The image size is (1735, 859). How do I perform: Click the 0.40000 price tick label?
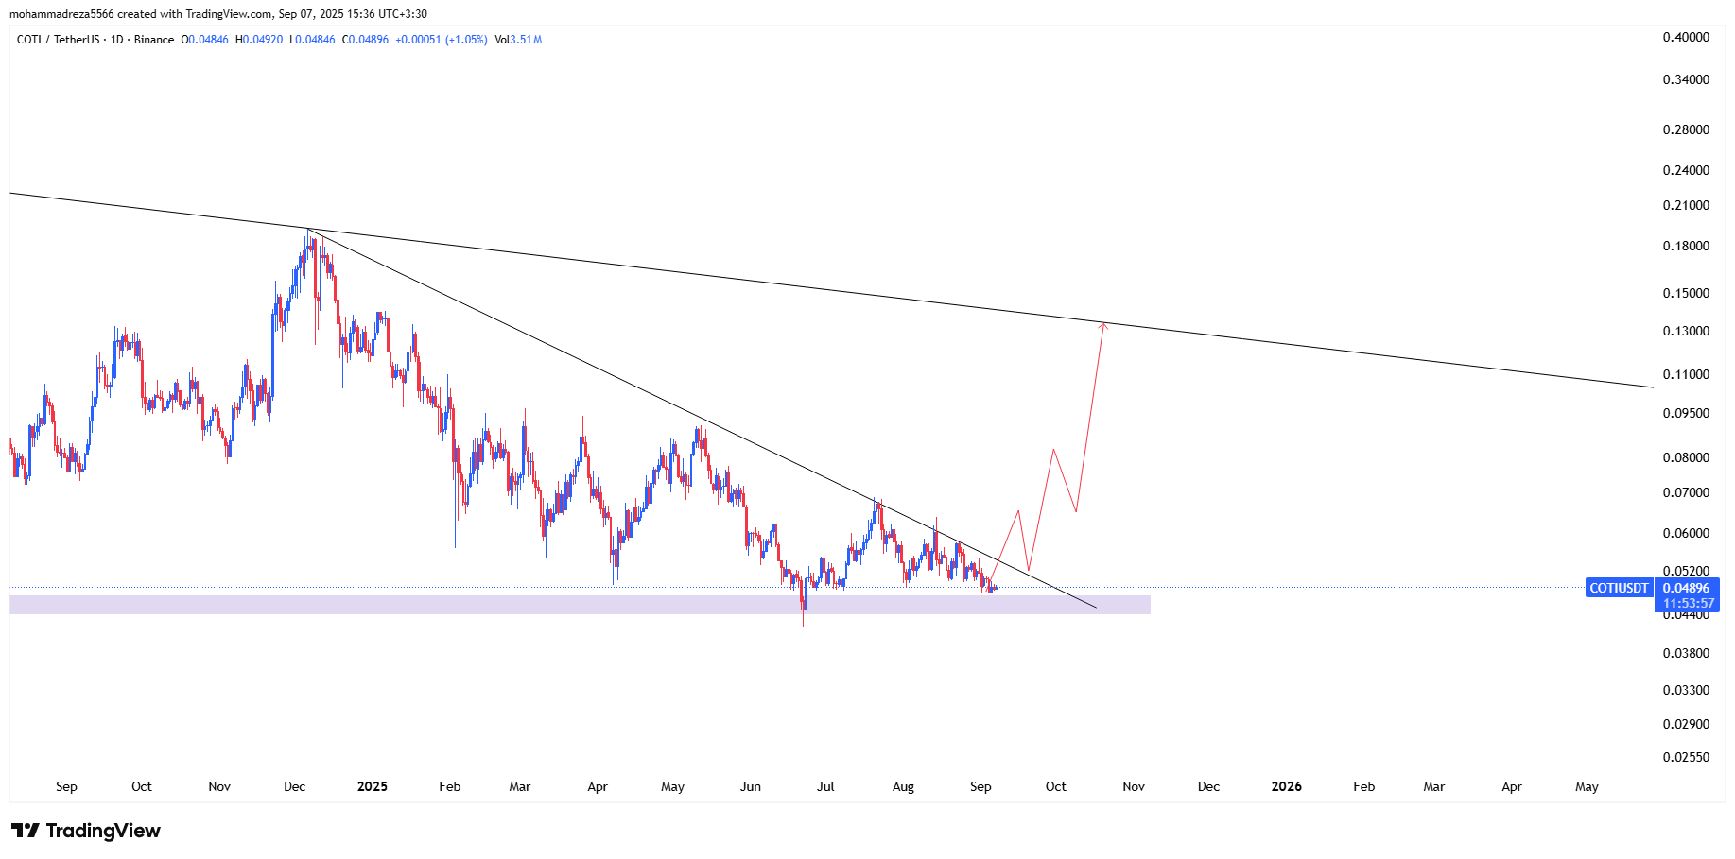(1686, 37)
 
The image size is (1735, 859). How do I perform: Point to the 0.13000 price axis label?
(1686, 331)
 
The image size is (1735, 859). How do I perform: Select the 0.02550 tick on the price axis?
(1686, 757)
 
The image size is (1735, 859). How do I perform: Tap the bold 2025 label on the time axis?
(373, 786)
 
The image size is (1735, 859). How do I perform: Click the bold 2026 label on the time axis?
(1286, 786)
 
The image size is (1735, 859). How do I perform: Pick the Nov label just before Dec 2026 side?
(1134, 786)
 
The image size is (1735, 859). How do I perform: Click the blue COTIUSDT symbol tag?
(1619, 588)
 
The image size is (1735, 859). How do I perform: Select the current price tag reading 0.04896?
(1687, 588)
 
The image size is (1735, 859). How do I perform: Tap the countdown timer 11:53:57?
(1687, 603)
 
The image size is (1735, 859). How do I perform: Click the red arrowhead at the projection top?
(1103, 325)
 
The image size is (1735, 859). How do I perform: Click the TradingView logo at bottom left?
(86, 831)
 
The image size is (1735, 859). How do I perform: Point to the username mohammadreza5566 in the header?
(61, 14)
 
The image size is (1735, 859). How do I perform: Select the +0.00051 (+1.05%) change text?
(442, 40)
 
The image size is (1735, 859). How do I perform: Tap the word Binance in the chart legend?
(154, 40)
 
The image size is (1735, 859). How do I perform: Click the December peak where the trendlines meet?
(308, 230)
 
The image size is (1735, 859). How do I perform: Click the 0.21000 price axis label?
(1686, 205)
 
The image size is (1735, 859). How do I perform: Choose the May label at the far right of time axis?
(1587, 786)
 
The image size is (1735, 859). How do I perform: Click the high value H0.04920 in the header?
(259, 40)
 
